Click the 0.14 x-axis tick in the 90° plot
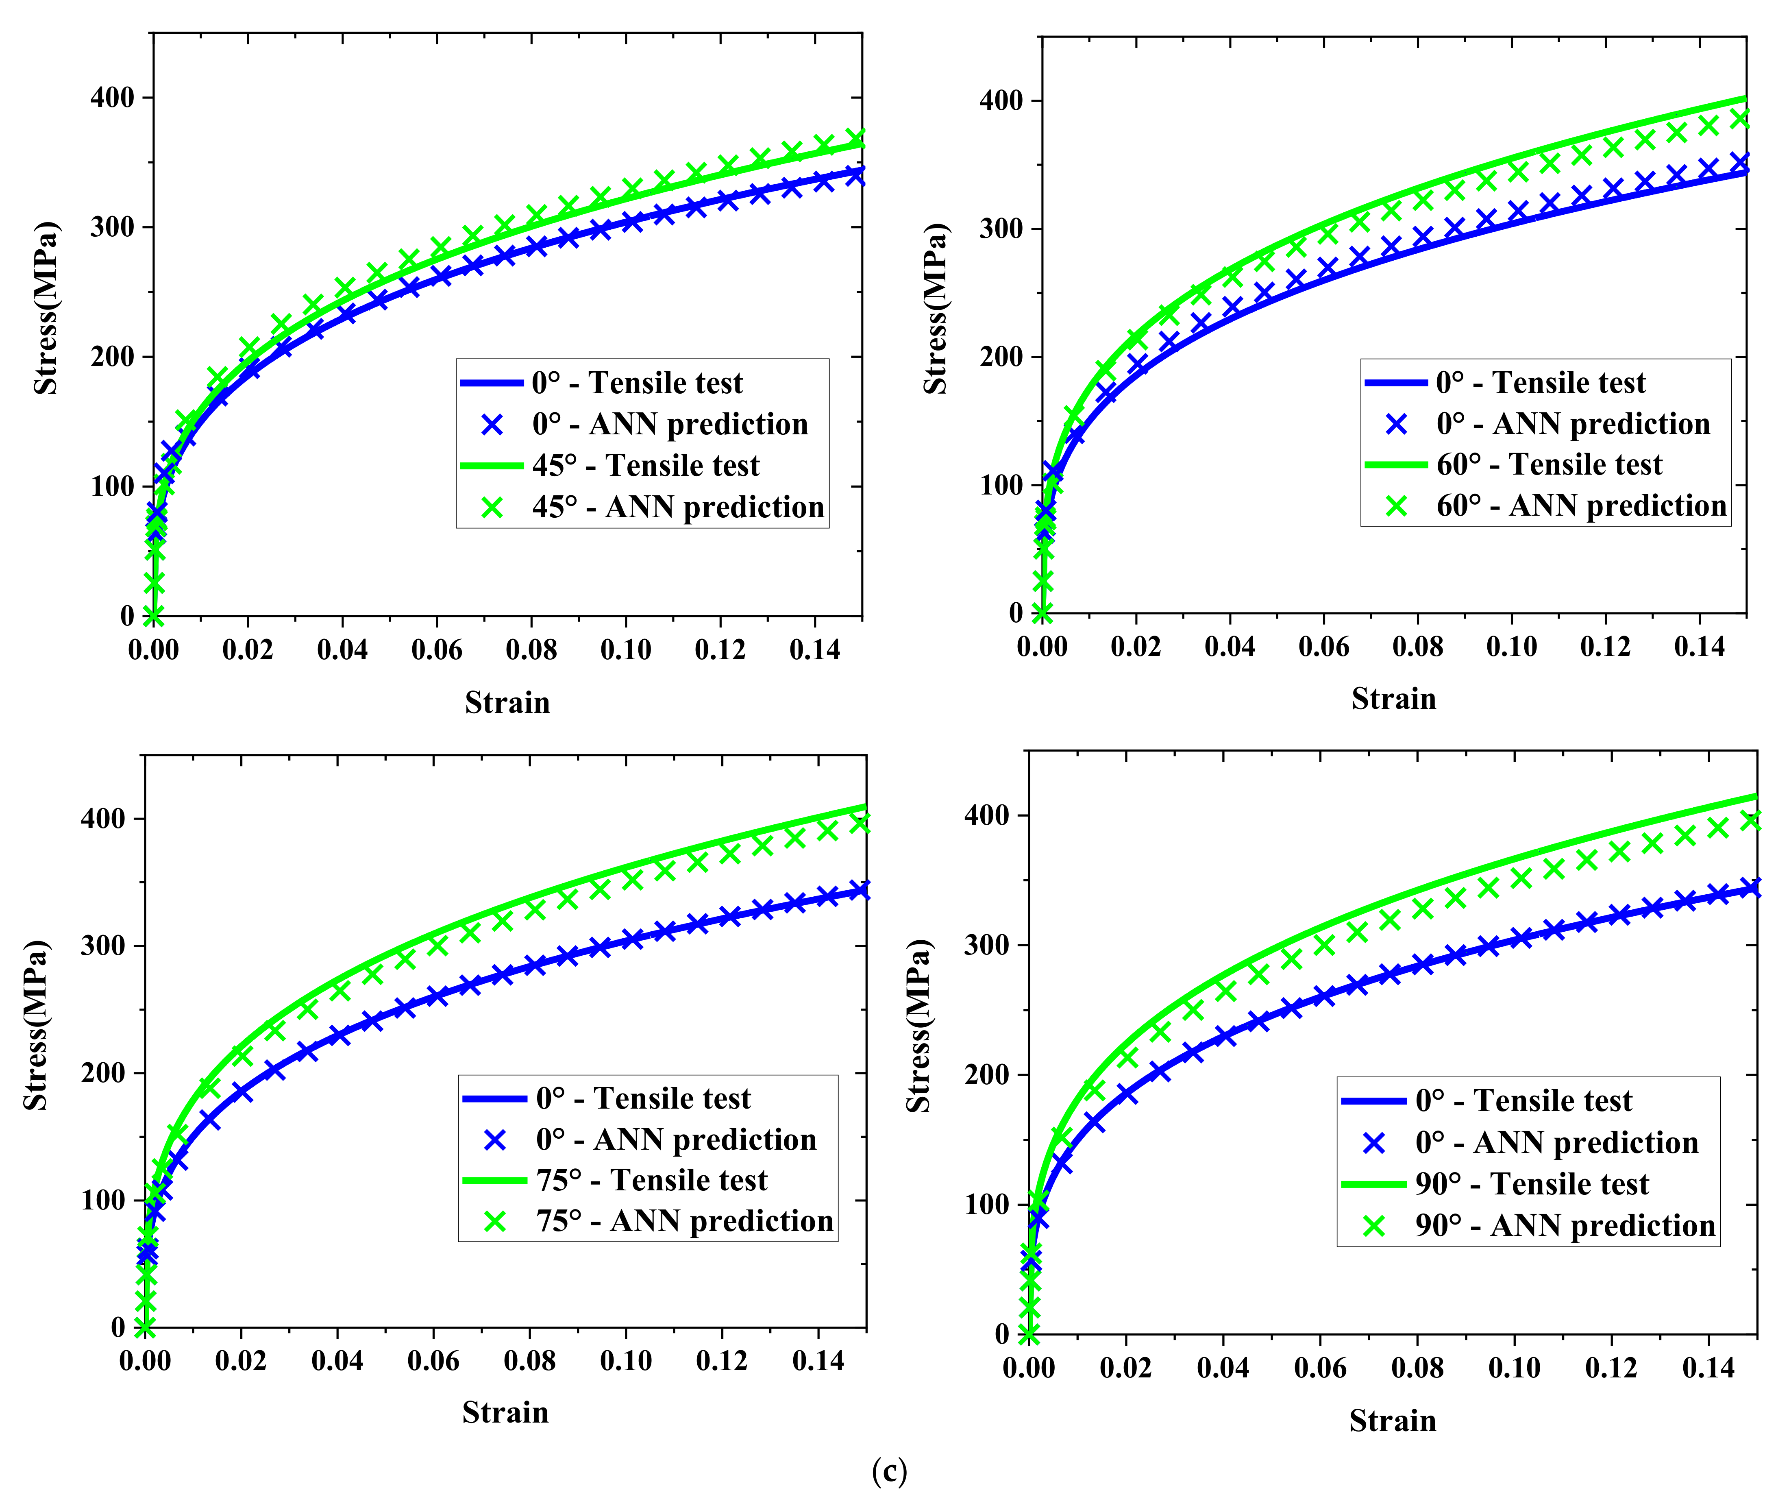(x=1708, y=1368)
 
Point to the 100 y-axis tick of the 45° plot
(x=112, y=486)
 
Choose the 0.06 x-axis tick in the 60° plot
(x=1323, y=646)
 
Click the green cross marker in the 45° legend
(x=492, y=508)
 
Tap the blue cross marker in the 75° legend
(x=495, y=1140)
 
